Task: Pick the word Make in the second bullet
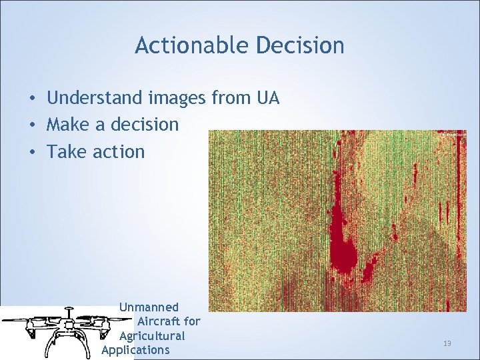(66, 125)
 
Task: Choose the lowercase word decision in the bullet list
(145, 125)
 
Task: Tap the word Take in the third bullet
(65, 151)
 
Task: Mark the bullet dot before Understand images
(32, 99)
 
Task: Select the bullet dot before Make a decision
(32, 125)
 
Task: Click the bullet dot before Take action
(32, 152)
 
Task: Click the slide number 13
(447, 343)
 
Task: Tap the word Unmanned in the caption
(149, 307)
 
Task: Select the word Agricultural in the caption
(152, 335)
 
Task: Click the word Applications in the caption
(135, 350)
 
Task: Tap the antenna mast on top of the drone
(67, 313)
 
